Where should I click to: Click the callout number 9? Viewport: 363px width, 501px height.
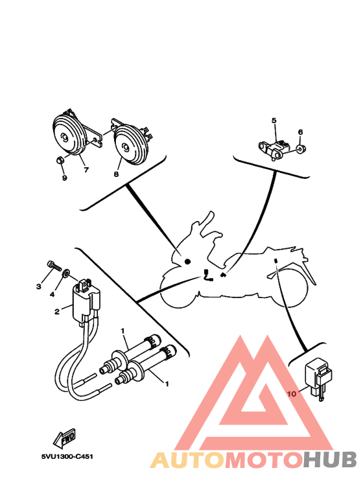[64, 178]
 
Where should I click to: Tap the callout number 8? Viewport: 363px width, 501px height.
[116, 174]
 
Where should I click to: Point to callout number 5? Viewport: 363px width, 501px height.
[274, 121]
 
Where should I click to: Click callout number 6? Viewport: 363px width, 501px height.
[300, 132]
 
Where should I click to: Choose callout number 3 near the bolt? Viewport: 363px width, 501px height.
[38, 286]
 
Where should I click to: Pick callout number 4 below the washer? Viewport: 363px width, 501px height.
[53, 294]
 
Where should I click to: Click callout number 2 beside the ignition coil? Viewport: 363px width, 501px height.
[57, 312]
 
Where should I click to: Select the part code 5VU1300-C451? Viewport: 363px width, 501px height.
[67, 456]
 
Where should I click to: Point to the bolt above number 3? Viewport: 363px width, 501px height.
[54, 265]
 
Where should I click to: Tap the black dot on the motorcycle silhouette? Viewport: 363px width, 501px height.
[187, 261]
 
